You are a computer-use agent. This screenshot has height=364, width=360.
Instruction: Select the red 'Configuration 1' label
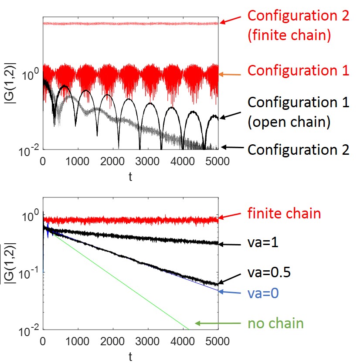(299, 71)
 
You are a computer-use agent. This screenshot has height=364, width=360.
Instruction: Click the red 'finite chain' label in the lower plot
(284, 214)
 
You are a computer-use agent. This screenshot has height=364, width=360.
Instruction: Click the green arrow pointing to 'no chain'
(217, 323)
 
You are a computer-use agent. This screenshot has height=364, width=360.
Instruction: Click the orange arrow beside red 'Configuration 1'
(231, 75)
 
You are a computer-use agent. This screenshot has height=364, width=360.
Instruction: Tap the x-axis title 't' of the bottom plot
(130, 357)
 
